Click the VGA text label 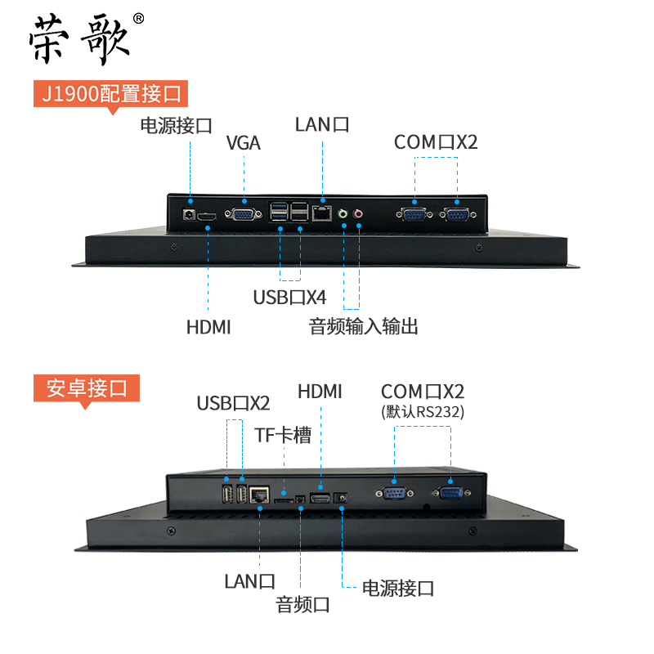pos(243,143)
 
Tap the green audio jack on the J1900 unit pos(344,214)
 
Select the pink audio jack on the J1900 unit pos(358,214)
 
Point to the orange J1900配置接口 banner pos(110,93)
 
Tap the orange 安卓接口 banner pos(87,387)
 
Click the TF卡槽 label pos(284,435)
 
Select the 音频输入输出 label pos(363,326)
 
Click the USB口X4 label pos(289,297)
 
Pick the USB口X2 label pos(233,403)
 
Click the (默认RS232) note pos(423,412)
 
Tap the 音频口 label pos(302,605)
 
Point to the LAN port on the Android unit pos(261,494)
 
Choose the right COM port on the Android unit pos(450,492)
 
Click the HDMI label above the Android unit pos(320,391)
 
